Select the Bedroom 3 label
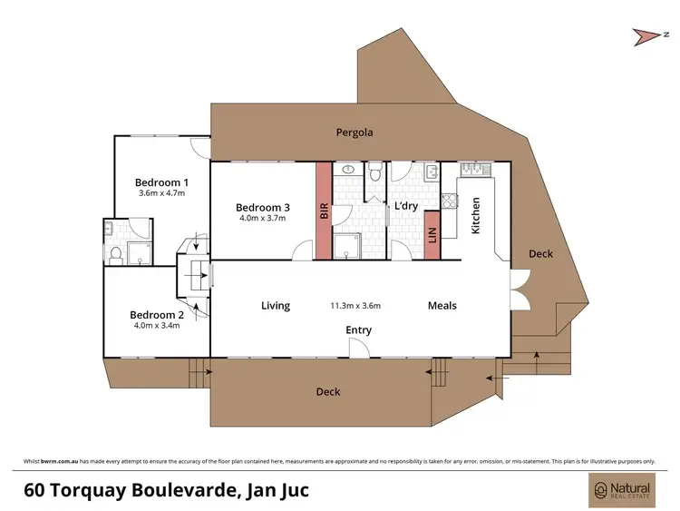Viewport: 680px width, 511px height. click(x=262, y=205)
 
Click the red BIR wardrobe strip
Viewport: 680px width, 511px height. click(x=323, y=211)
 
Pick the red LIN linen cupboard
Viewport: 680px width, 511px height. click(x=432, y=241)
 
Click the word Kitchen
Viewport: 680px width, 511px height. click(x=475, y=217)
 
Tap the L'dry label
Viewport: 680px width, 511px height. click(x=404, y=206)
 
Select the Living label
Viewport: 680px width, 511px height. click(x=276, y=306)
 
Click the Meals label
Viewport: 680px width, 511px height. click(x=442, y=306)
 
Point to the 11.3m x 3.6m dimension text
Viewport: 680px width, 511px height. click(x=355, y=306)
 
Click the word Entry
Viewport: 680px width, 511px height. click(x=358, y=329)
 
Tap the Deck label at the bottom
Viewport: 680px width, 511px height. click(x=328, y=392)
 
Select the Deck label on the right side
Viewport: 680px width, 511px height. click(x=540, y=254)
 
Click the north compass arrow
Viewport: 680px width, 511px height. click(x=646, y=35)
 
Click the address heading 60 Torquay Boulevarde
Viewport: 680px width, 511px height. click(x=166, y=491)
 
